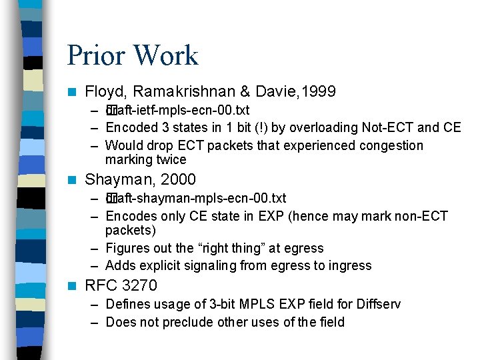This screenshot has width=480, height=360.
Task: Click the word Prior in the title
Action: (x=91, y=56)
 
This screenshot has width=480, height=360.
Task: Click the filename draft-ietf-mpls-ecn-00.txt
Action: (x=178, y=110)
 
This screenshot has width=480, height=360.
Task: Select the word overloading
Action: (x=325, y=127)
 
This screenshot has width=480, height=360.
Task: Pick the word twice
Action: (x=172, y=160)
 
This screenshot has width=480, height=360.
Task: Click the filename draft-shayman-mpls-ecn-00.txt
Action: (x=196, y=198)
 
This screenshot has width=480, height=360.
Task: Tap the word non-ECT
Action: (x=421, y=216)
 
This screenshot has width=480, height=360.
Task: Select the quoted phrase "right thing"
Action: (x=235, y=248)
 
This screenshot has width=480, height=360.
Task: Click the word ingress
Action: (x=350, y=265)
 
